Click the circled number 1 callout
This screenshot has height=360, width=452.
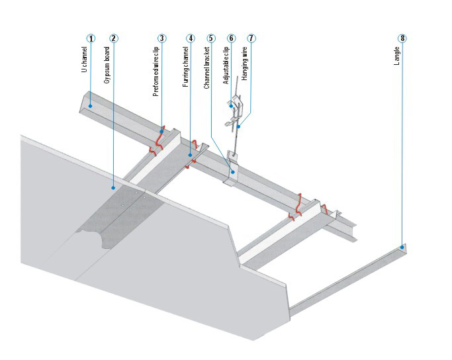91,38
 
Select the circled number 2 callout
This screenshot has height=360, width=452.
114,38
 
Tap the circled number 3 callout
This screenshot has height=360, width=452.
162,38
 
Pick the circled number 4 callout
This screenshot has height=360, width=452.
191,38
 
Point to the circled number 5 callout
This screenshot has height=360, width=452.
211,38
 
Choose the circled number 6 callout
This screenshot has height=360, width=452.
231,38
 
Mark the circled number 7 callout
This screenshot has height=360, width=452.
251,38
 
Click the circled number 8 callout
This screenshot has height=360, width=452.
402,38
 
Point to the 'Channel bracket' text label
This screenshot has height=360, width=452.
206,71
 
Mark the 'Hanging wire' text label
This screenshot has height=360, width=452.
245,68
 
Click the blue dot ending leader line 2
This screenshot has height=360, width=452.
114,188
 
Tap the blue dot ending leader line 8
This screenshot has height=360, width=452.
402,247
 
